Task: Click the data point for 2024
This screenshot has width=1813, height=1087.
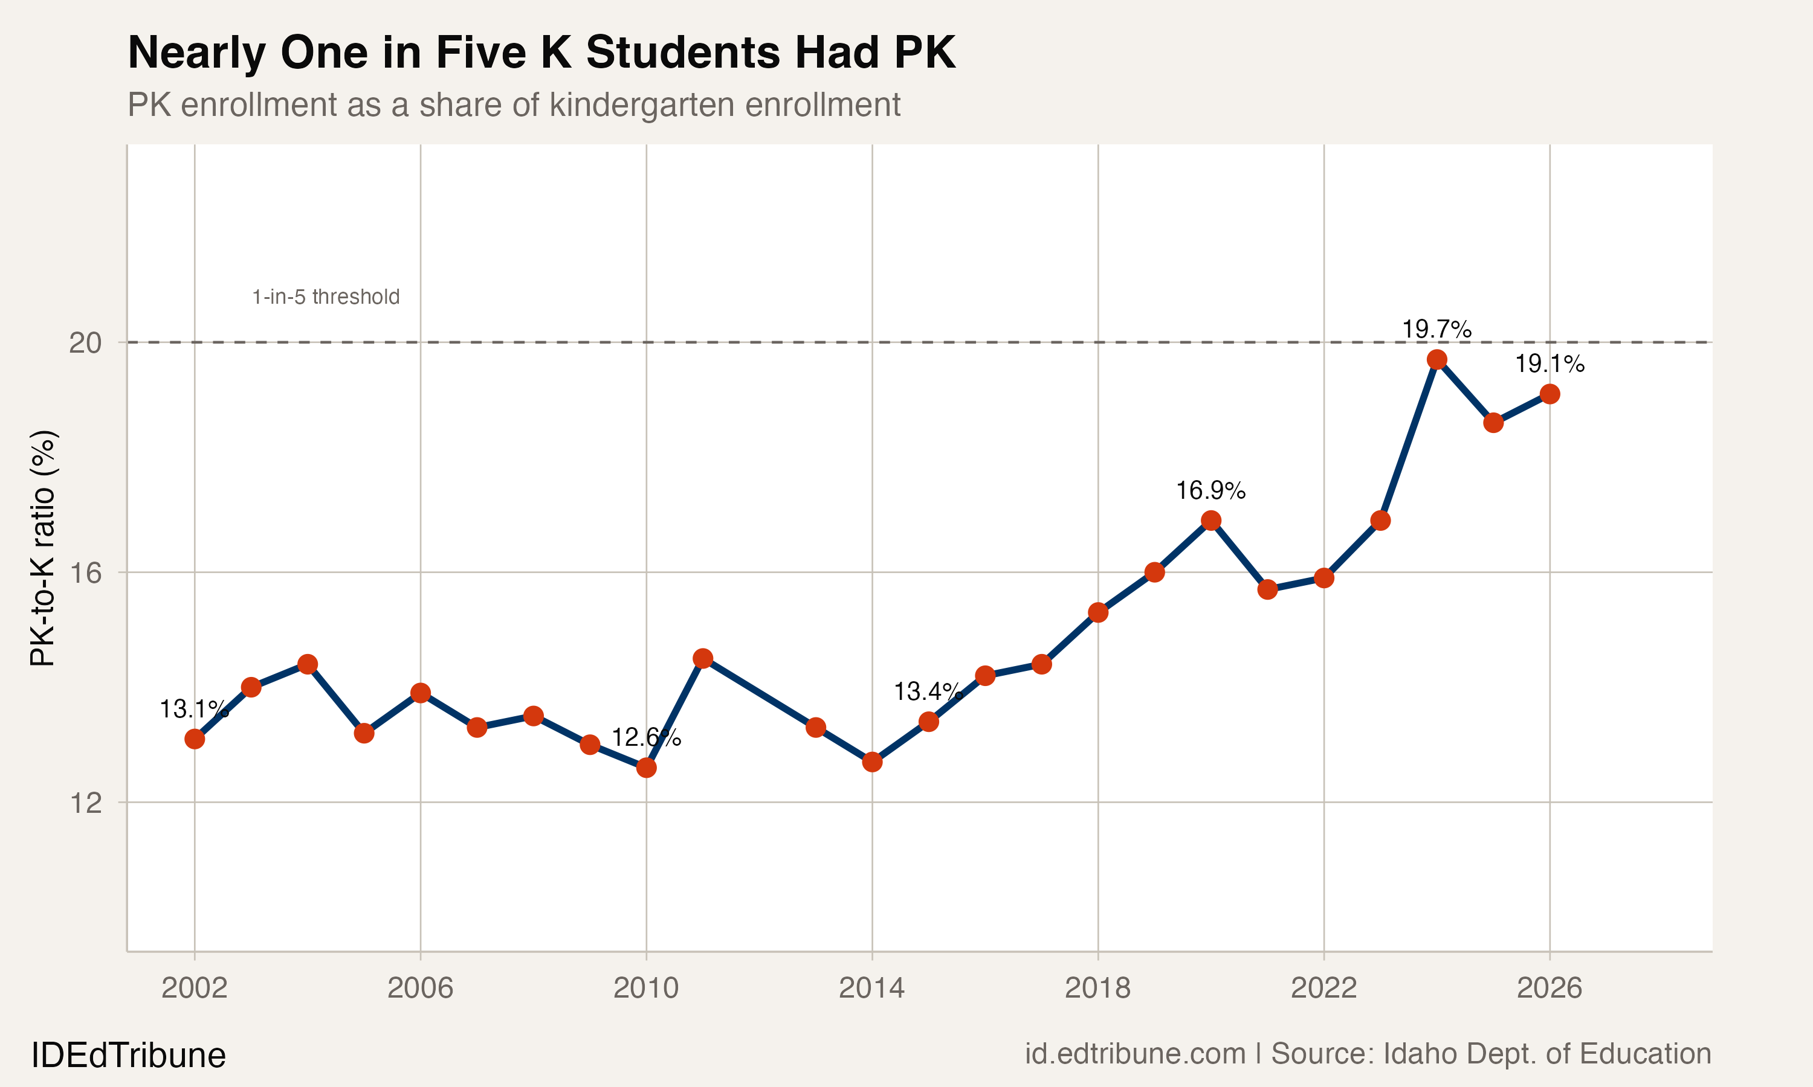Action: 1437,360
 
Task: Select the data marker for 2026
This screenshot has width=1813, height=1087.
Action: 1549,394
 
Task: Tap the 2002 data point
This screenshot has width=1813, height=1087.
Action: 194,739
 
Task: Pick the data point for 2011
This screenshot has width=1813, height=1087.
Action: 703,658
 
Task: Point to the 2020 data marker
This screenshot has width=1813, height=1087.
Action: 1210,521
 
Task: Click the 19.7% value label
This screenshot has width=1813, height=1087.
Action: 1437,330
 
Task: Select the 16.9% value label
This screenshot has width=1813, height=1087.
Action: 1210,491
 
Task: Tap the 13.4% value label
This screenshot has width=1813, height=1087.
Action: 928,691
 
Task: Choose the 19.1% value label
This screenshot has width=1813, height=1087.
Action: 1549,364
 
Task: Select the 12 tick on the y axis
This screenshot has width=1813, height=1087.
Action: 85,803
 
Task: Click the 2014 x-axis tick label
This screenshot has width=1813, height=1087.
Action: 871,988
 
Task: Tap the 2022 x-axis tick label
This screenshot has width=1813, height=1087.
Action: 1323,988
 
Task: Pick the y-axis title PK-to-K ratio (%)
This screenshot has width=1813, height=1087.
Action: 42,548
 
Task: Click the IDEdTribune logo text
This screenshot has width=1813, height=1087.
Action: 128,1056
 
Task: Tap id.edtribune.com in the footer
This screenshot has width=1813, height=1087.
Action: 1134,1054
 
